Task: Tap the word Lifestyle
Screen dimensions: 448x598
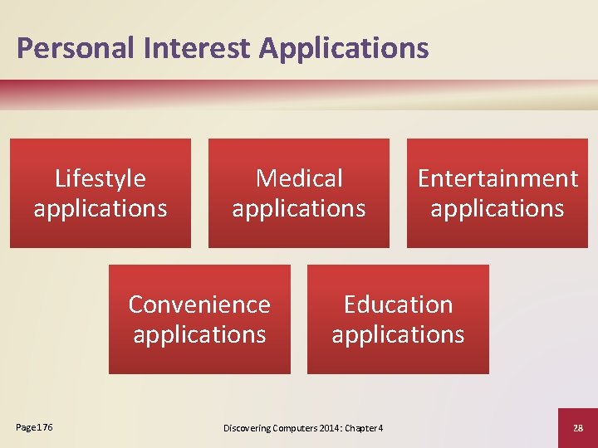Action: click(100, 178)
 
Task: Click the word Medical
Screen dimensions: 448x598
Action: click(299, 178)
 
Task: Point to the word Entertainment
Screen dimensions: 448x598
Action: click(498, 178)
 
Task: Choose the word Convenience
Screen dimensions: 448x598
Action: click(199, 304)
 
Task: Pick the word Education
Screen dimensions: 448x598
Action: click(398, 304)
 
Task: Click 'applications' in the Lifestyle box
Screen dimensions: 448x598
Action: click(100, 208)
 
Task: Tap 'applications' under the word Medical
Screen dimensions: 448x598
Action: click(299, 208)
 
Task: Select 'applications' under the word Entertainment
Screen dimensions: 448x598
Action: click(498, 208)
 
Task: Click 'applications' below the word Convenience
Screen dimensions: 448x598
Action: click(199, 334)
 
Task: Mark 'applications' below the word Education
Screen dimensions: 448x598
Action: click(398, 334)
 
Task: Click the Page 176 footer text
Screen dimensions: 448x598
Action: click(34, 427)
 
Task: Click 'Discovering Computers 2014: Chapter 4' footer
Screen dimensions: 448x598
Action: click(303, 428)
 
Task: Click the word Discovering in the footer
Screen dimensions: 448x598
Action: click(248, 428)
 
